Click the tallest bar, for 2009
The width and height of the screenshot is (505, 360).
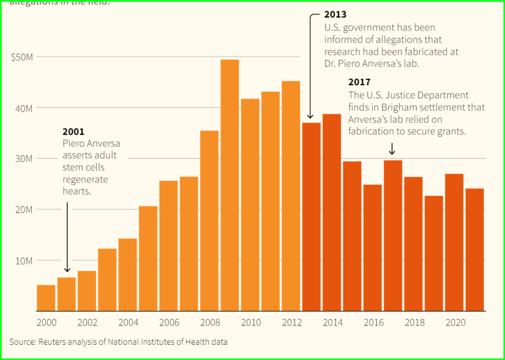[230, 185]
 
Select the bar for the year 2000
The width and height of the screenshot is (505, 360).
[46, 298]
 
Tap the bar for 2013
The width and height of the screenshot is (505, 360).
[311, 217]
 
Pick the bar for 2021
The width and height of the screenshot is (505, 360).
[475, 250]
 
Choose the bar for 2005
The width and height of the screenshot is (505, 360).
[148, 258]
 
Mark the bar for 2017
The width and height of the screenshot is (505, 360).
[393, 236]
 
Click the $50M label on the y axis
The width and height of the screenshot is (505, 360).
[22, 57]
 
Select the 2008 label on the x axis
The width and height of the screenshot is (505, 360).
[210, 323]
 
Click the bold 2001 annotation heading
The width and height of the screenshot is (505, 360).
[73, 132]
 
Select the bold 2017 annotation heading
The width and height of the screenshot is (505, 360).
[359, 82]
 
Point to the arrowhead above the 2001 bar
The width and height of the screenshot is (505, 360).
[67, 269]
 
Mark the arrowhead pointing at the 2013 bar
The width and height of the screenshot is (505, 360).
[310, 116]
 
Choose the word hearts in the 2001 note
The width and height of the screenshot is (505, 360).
[77, 191]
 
